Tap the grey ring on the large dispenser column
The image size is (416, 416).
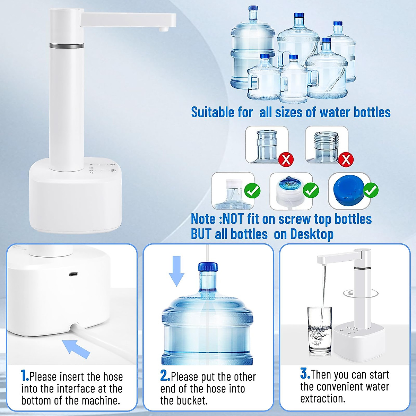pyautogui.click(x=66, y=45)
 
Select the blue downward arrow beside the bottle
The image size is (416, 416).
pyautogui.click(x=177, y=271)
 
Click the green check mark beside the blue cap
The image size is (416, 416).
pyautogui.click(x=371, y=190)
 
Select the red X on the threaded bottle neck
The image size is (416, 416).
pyautogui.click(x=346, y=159)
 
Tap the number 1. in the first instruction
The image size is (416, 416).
pyautogui.click(x=25, y=376)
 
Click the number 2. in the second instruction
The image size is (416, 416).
pyautogui.click(x=165, y=376)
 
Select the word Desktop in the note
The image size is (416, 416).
pyautogui.click(x=312, y=234)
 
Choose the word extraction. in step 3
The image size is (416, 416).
pyautogui.click(x=323, y=398)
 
